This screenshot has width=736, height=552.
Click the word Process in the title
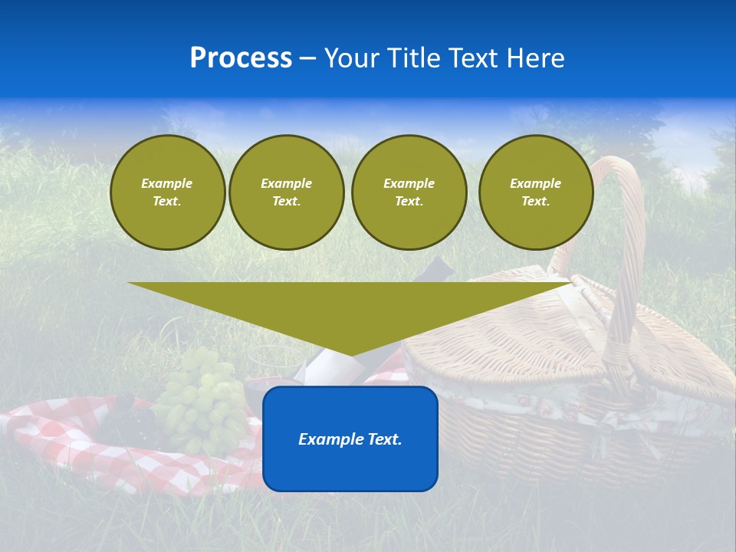tap(241, 58)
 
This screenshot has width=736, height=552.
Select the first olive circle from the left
tap(168, 192)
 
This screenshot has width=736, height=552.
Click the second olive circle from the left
tap(286, 192)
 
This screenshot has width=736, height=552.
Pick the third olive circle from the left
tap(409, 192)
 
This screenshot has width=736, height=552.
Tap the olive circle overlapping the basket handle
tap(536, 192)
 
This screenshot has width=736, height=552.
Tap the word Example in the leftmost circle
tap(167, 183)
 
